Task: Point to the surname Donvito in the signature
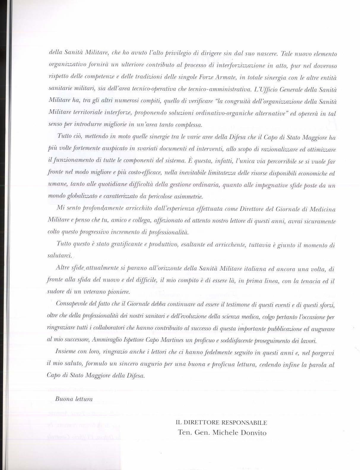tap(254, 432)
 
